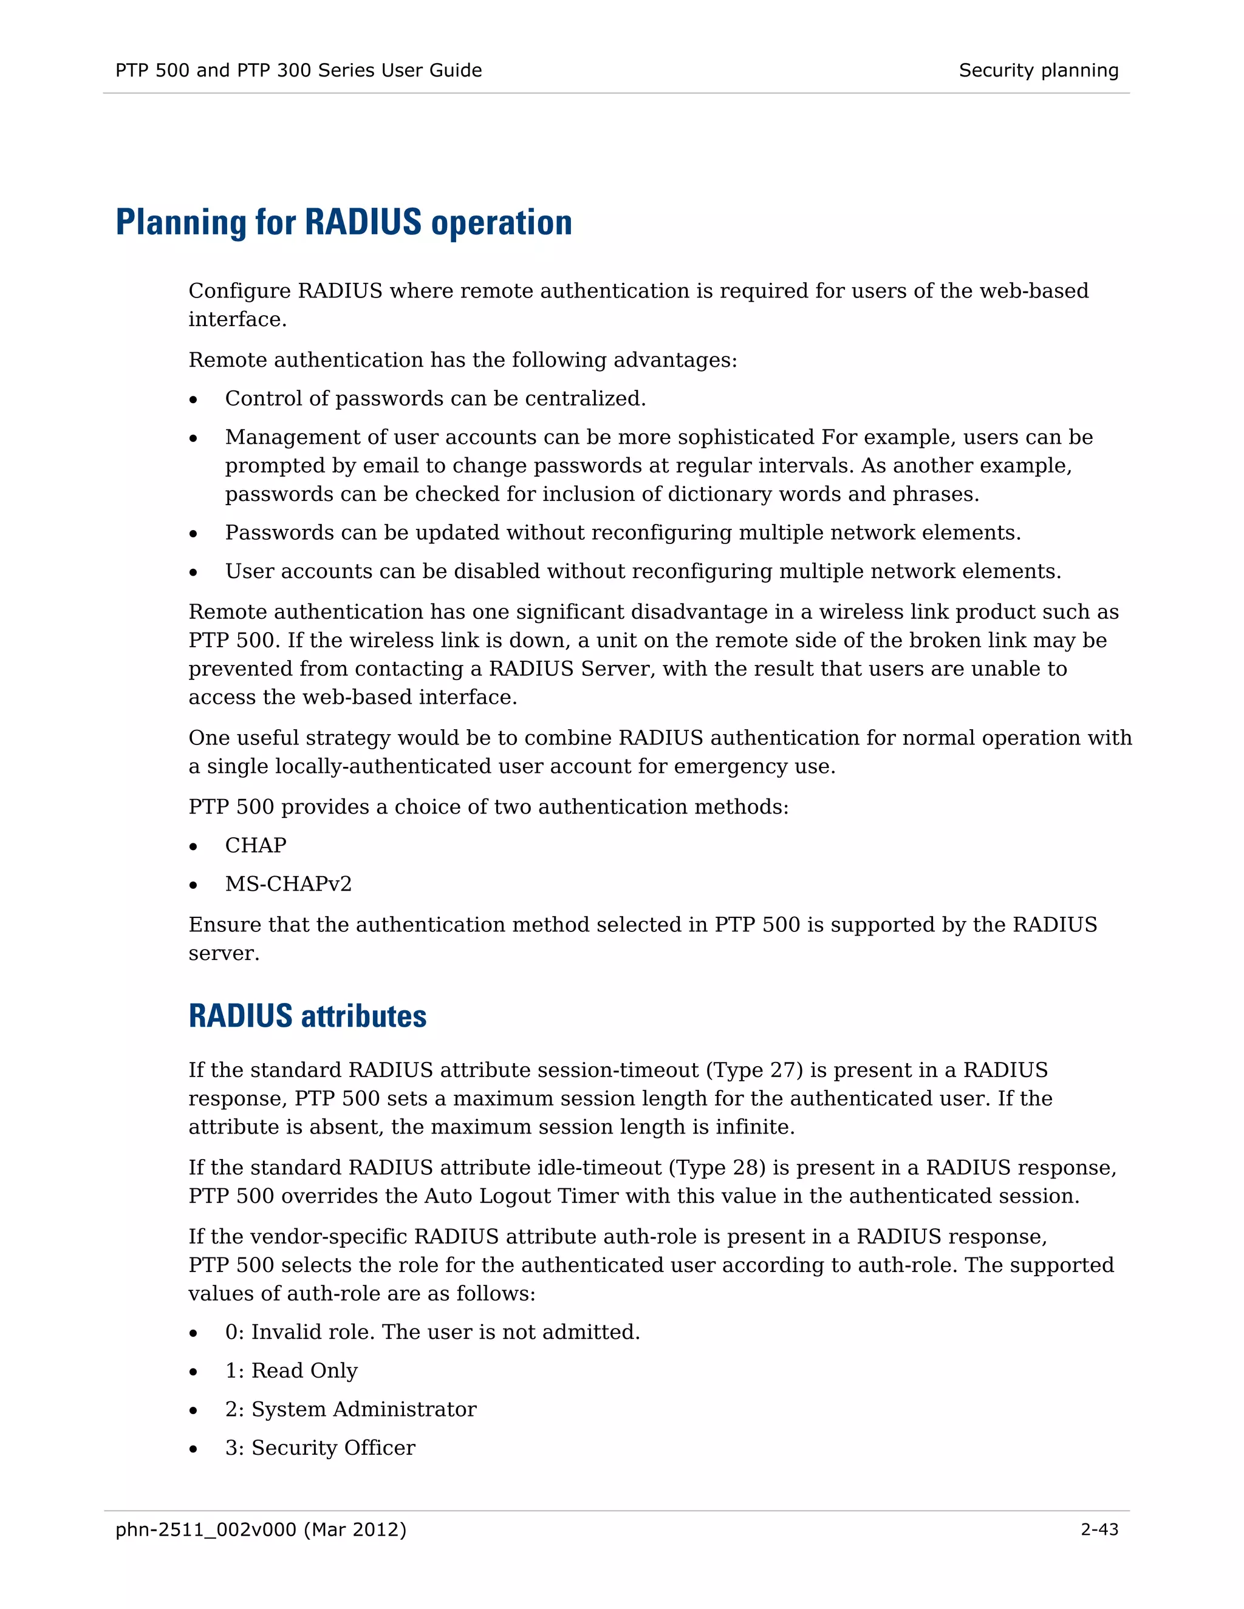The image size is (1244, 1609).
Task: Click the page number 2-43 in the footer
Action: [x=1099, y=1529]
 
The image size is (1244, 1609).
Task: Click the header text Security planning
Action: [x=1037, y=70]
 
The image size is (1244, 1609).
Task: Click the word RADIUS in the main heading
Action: [x=363, y=222]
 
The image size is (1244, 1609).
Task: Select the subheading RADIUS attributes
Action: [x=307, y=1016]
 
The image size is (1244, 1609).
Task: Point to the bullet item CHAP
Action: [x=255, y=845]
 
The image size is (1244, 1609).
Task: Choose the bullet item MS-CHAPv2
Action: [x=288, y=883]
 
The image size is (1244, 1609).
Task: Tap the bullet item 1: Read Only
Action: [x=291, y=1370]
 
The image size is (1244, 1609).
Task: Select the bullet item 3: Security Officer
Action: [x=320, y=1447]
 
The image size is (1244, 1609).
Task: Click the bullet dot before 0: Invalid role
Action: [x=193, y=1333]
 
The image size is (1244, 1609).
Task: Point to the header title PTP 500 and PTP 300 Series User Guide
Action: [x=298, y=70]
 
